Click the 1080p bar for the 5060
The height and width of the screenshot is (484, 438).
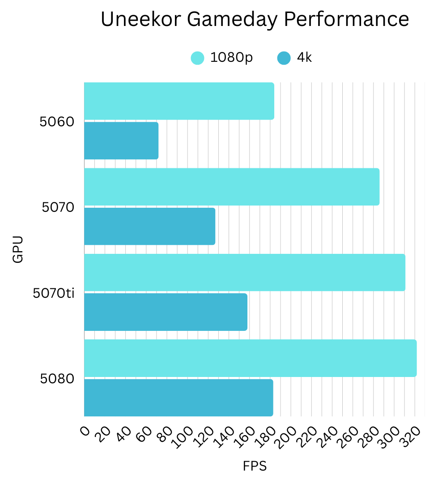click(179, 101)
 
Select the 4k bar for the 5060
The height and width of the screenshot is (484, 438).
click(121, 141)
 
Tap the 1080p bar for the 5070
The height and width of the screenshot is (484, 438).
click(232, 187)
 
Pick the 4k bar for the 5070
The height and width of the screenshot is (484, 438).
click(149, 226)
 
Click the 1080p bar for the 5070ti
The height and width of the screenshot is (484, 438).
click(245, 273)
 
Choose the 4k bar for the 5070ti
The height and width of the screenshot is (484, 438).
click(166, 312)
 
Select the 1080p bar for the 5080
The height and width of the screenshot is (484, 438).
click(250, 358)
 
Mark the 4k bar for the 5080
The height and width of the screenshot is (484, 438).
click(179, 398)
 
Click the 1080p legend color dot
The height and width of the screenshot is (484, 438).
click(197, 58)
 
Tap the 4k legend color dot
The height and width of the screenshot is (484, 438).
click(284, 58)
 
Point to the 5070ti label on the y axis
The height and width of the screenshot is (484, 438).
click(54, 293)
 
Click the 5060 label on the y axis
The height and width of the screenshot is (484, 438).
click(57, 122)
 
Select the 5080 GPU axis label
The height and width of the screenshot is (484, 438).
click(57, 379)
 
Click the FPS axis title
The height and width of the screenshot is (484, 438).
click(255, 466)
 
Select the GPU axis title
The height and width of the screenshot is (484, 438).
click(18, 249)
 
